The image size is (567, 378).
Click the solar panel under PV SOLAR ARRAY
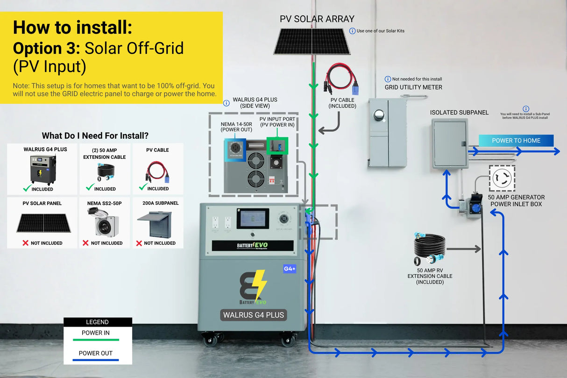(x=312, y=41)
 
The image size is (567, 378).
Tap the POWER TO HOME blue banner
(x=516, y=140)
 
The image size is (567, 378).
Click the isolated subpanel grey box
(x=450, y=143)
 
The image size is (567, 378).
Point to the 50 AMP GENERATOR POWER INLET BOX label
(x=516, y=200)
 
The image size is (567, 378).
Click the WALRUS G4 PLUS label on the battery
(x=254, y=315)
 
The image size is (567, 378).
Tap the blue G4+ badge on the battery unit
(x=290, y=269)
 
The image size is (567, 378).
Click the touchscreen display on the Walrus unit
(x=252, y=218)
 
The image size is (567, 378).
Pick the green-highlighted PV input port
(x=277, y=146)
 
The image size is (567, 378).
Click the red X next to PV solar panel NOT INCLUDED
(x=26, y=243)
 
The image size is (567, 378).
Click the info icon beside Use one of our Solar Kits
(x=352, y=31)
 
